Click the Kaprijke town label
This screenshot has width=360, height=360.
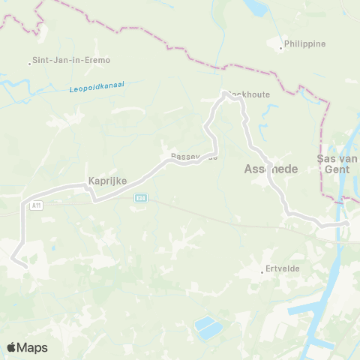[x=107, y=181]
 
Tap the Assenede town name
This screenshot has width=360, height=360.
[x=271, y=169]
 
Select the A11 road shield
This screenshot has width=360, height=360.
[x=35, y=204]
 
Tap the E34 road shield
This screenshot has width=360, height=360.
[x=139, y=197]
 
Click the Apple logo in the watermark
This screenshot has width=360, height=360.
[x=12, y=347]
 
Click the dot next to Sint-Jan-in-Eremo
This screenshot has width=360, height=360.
[x=29, y=63]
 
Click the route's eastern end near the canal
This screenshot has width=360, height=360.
[x=347, y=223]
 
